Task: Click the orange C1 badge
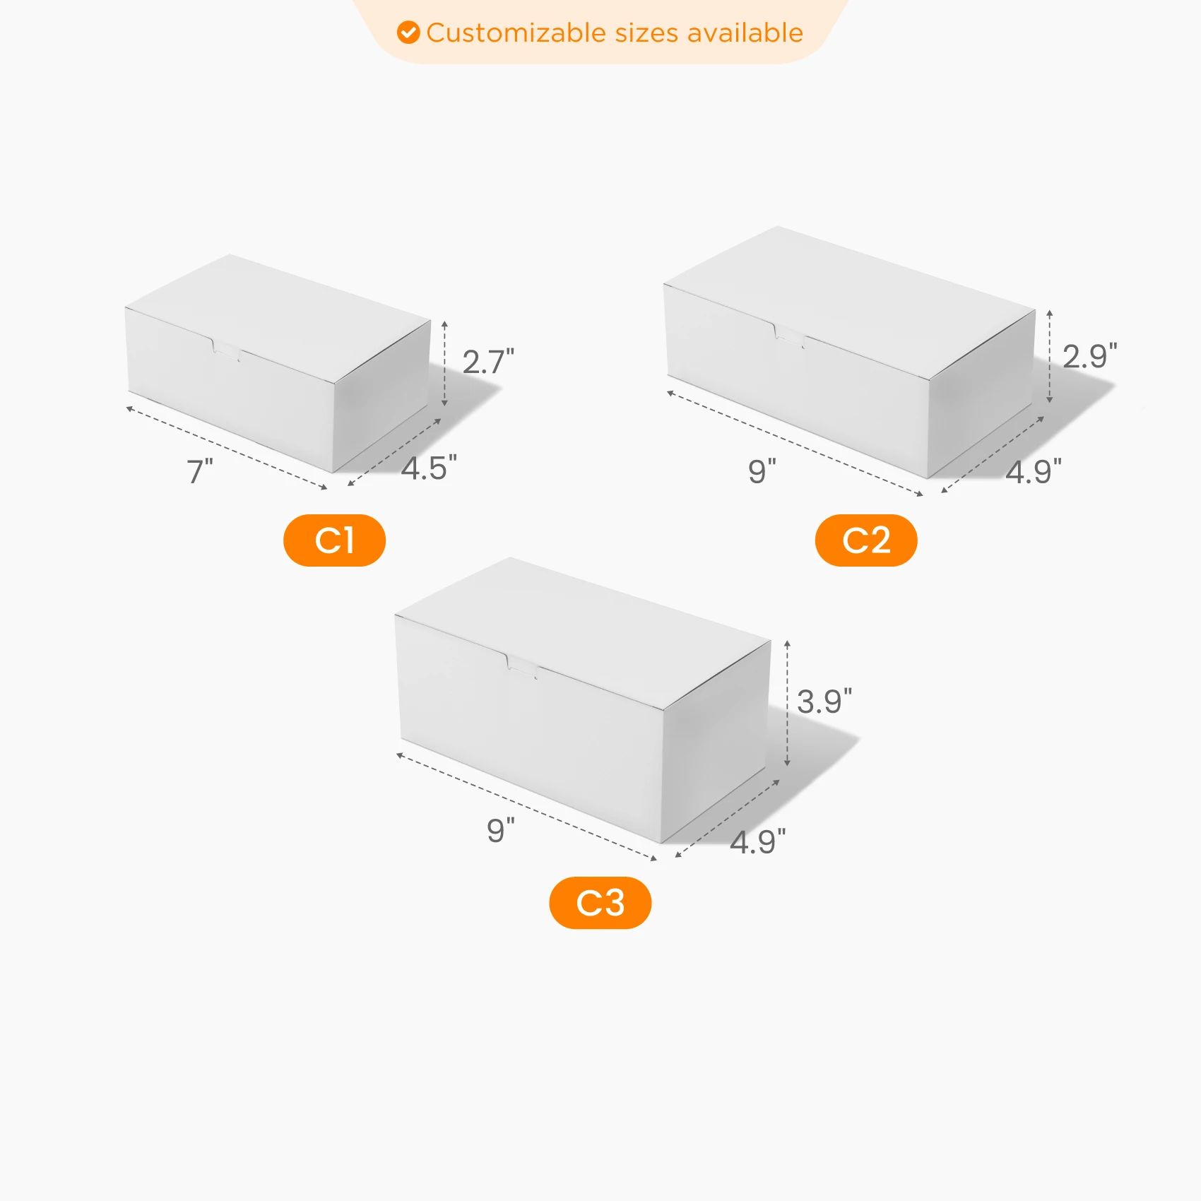coord(334,540)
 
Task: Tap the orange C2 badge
coord(866,540)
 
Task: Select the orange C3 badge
coord(600,903)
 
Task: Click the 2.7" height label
coord(488,362)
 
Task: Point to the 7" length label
coord(200,471)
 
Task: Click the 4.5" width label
coord(429,468)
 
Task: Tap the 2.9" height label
coord(1090,356)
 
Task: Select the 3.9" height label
coord(824,702)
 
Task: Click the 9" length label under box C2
coord(762,471)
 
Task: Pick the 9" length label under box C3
coord(501,830)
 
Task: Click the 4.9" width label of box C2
coord(1034,471)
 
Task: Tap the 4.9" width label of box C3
coord(758,841)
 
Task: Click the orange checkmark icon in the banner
coord(408,32)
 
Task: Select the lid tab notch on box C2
coord(790,335)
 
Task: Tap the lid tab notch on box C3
coord(522,667)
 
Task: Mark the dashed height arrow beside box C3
coord(787,704)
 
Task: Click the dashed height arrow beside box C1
coord(444,363)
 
